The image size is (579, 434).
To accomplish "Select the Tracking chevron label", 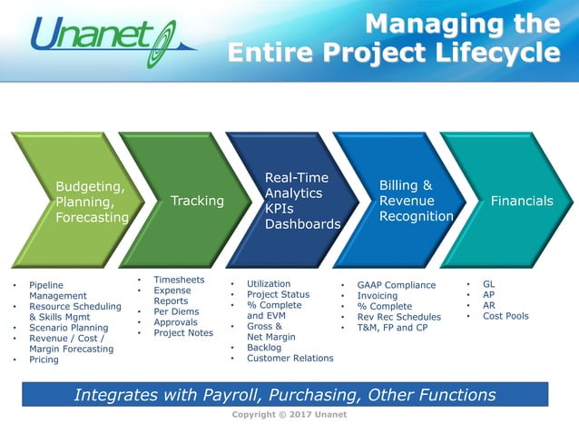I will pos(197,201).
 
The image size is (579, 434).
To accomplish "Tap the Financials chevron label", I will pos(521,201).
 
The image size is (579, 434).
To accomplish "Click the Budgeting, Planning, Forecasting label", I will pos(92,202).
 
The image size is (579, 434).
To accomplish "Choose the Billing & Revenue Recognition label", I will pos(416,201).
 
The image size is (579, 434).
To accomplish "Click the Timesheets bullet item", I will pos(179,281).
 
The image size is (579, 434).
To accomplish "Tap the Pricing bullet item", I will pos(44,360).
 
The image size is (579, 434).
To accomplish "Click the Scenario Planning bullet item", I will pos(68,328).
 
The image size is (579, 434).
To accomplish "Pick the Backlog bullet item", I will pos(264,347).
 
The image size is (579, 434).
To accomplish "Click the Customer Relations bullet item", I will pos(289,358).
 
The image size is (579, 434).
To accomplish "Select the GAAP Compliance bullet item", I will pos(396,285).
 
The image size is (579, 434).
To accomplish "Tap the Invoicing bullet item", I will pos(377,296).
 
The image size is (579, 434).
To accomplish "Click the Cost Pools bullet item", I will pos(505,316).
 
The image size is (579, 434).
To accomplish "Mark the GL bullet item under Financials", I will pos(488,284).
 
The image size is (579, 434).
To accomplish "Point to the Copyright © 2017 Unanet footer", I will pos(289,415).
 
